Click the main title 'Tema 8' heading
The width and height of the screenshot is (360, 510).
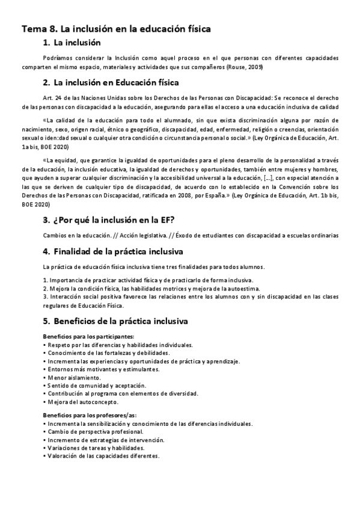pyautogui.click(x=116, y=28)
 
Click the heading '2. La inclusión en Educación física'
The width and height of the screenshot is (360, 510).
pyautogui.click(x=111, y=82)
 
